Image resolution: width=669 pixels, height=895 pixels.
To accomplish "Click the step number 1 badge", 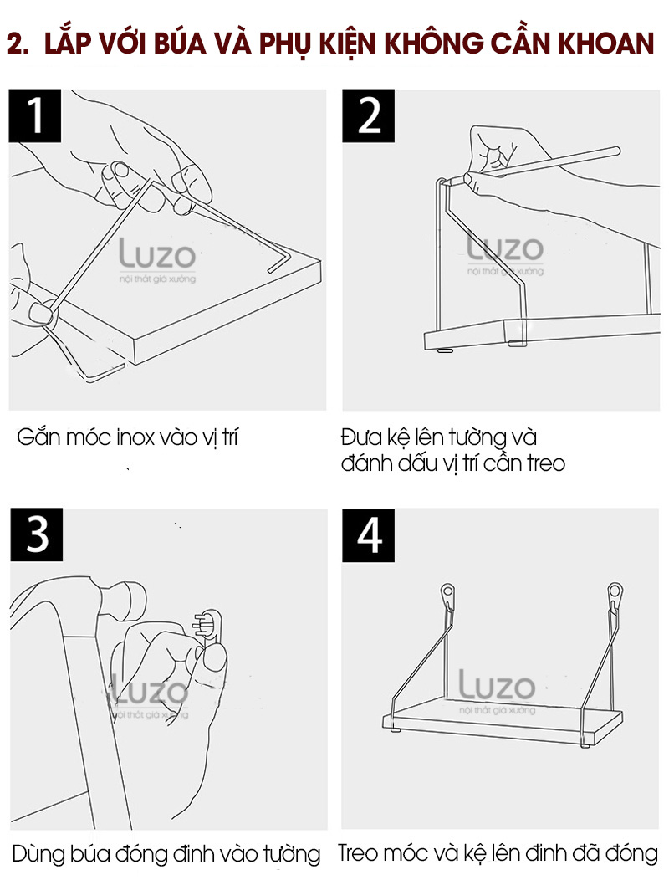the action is coord(35,115).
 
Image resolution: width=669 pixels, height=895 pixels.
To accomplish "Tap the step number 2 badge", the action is coord(368,115).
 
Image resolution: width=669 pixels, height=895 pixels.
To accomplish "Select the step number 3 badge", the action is coord(37,534).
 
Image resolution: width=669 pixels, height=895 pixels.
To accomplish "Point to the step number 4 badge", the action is coord(368,534).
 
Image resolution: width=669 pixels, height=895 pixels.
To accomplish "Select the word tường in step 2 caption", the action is coord(477,437).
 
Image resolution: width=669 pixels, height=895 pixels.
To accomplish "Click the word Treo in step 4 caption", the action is coord(358,853).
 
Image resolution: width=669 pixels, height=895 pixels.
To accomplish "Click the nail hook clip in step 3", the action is coord(209,626).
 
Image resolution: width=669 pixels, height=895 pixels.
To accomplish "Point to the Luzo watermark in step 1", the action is coord(157,260).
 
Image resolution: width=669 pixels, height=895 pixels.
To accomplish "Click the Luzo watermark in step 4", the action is coord(498,692).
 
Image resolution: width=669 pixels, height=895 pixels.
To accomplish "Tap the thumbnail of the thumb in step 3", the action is coord(215,661).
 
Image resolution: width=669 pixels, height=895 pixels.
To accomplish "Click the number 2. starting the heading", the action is coord(18,44).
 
